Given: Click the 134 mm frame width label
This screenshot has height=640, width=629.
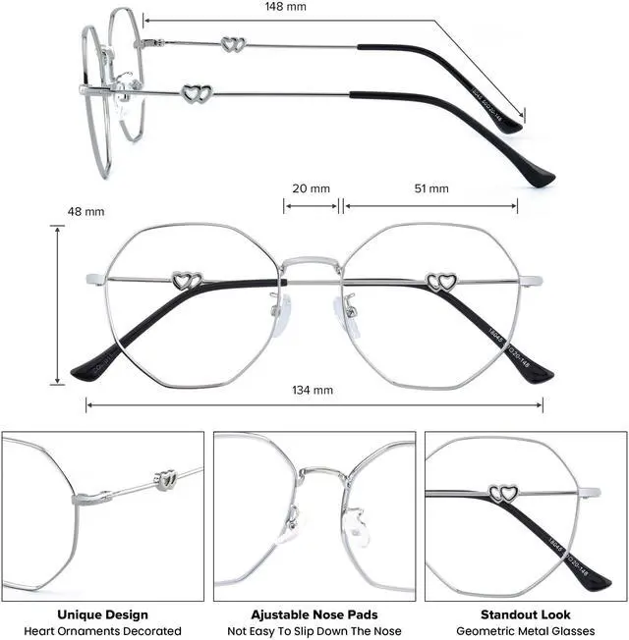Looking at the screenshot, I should click(x=314, y=390).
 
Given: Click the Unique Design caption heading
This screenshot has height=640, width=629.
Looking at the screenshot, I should click(x=103, y=614).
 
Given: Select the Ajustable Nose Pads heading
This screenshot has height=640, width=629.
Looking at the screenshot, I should click(x=314, y=614).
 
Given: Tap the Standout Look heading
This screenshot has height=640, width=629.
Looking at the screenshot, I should click(x=526, y=614).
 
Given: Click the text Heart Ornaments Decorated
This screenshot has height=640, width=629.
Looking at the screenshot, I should click(x=103, y=630).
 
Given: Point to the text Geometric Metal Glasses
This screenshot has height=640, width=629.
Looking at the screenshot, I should click(x=526, y=630).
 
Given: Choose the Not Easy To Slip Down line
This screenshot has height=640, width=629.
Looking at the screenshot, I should click(x=314, y=630).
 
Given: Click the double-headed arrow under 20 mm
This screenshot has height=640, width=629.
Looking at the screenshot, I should click(x=312, y=205).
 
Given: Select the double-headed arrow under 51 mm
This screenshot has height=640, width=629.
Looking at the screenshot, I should click(x=431, y=205).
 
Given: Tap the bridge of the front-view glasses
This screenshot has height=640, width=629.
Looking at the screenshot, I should click(x=314, y=263).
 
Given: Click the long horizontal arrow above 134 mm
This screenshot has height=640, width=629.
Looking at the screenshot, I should click(x=314, y=403).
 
